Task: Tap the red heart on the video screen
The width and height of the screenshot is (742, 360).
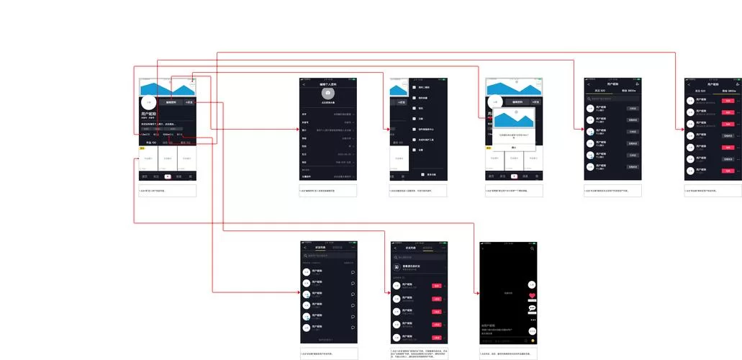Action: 532,296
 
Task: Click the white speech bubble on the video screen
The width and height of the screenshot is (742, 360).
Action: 532,308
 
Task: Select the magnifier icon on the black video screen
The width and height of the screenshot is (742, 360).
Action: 532,248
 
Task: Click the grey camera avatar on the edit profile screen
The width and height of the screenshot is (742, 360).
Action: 327,93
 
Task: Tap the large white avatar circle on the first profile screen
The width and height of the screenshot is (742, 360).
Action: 149,103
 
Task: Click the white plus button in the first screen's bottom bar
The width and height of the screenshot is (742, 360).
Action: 168,176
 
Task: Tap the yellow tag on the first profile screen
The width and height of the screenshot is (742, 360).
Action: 142,148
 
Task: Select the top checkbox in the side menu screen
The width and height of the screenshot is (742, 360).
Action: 414,87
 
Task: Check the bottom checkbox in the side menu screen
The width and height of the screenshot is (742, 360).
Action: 423,174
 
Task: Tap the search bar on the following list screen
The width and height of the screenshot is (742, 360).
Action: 612,98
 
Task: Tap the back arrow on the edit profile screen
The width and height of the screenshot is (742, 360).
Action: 304,84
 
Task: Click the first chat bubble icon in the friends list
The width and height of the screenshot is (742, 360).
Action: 353,272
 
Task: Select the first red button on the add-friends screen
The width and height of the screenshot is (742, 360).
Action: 436,287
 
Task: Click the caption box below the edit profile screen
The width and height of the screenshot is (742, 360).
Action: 327,191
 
